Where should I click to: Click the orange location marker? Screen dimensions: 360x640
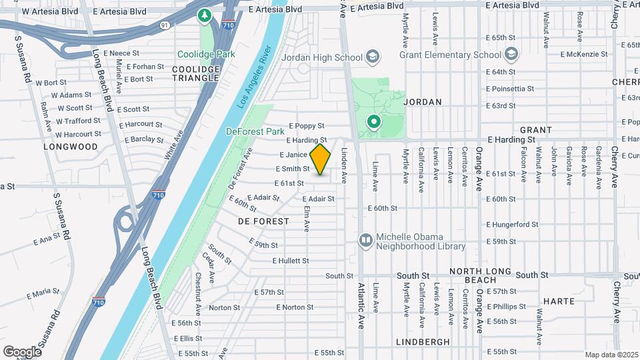(321, 159)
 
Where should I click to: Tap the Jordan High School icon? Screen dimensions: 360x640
(372, 57)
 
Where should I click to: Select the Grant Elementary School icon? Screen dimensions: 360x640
(511, 54)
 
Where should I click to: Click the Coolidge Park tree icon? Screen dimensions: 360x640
(204, 15)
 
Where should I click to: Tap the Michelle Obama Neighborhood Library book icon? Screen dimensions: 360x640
(365, 239)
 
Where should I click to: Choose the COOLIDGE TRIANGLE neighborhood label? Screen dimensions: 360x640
(196, 73)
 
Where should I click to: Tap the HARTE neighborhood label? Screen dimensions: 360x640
(559, 301)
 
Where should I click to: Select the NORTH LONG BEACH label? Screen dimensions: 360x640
(480, 275)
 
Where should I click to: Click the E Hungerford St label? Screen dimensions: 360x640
(512, 225)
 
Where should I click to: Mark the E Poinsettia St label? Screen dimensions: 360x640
(510, 89)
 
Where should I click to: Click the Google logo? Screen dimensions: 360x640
(22, 351)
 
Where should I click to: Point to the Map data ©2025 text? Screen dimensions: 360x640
(611, 355)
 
